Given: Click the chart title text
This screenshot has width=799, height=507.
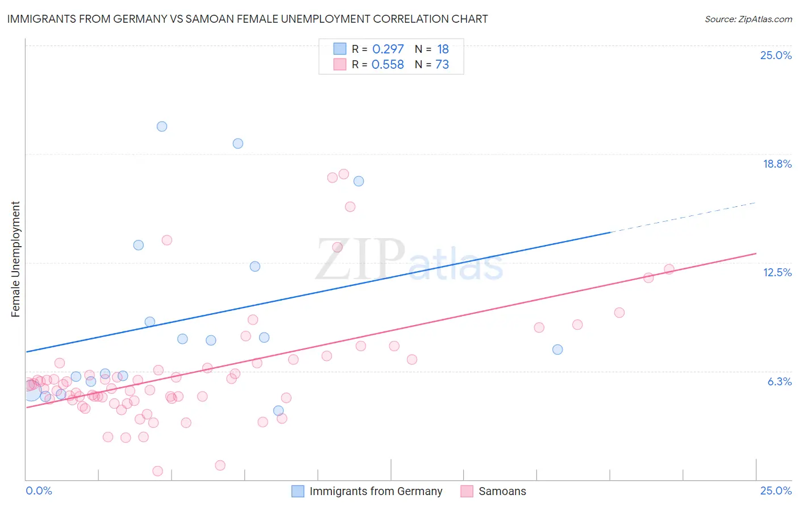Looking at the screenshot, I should coord(247,19).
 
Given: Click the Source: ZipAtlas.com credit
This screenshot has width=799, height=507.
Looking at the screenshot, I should coord(748,19).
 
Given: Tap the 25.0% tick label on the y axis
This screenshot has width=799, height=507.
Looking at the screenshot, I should coord(776,55).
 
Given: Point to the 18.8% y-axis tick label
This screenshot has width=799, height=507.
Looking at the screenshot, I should coord(777,164).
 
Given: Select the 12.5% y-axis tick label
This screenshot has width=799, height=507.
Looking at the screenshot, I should coord(777,272).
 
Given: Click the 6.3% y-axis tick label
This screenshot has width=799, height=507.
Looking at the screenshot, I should coord(779,381).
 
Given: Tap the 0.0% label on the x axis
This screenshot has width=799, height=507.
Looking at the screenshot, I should coord(39,491).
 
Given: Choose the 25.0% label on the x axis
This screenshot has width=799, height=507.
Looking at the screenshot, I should coord(776,491).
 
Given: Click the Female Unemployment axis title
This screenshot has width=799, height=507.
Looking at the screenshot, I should coord(15,259).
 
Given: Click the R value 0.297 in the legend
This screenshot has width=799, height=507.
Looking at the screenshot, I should coord(388,49).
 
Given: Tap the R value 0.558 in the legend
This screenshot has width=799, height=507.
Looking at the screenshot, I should coord(388,65).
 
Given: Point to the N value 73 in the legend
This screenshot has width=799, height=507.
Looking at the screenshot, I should coord(442,65).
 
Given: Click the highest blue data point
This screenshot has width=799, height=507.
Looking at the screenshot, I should coord(162,127).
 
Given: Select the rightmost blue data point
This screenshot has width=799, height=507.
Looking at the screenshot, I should coord(557,350).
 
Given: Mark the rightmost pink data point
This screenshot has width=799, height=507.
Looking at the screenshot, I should coord(669,269).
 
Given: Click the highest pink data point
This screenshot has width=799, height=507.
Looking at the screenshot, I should coord(343,174).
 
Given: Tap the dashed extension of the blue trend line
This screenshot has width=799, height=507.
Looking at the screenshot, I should coord(682,218).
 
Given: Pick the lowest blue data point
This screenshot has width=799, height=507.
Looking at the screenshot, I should coord(278,410).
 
